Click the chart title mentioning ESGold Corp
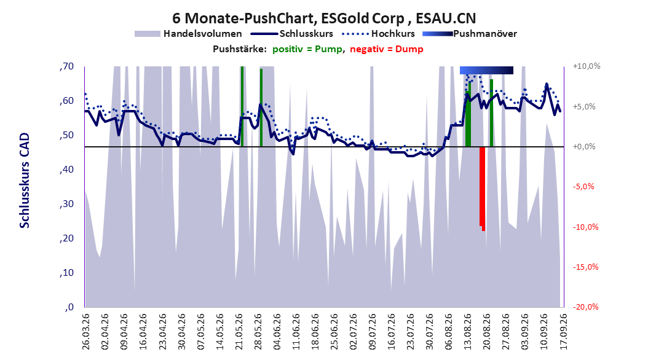pos(324,18)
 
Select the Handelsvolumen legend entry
pos(189,34)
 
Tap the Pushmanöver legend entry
pos(470,34)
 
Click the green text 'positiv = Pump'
pos(307,49)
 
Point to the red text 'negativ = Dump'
pos(387,49)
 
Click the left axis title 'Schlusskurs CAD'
pos(25,181)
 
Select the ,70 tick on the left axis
pos(67,66)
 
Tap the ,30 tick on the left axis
pos(67,204)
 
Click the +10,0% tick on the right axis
pos(587,66)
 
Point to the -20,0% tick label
pos(585,307)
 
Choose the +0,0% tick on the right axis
pos(584,147)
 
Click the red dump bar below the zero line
pos(482,189)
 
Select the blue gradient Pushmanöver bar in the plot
pos(486,71)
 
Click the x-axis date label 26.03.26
pos(86,332)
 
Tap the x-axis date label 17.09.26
pos(563,332)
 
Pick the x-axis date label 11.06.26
pos(296,332)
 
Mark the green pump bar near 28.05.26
pos(261,108)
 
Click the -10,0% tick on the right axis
pos(585,227)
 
